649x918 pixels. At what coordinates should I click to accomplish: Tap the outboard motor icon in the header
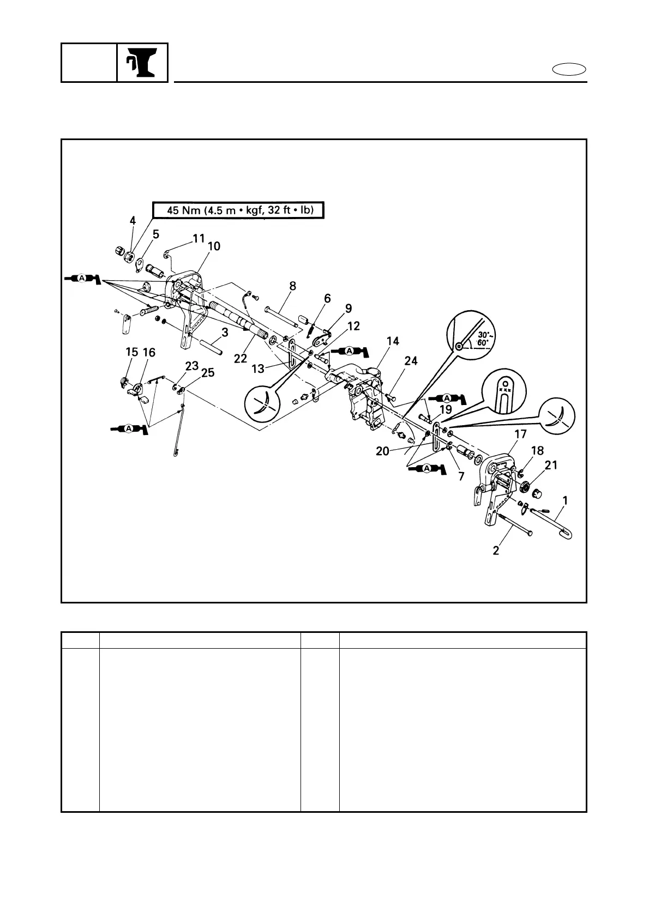point(142,63)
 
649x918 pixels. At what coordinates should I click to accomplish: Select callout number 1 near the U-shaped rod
point(566,499)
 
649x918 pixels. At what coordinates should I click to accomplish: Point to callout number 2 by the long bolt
point(496,551)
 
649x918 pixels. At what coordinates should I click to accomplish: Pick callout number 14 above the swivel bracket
point(393,341)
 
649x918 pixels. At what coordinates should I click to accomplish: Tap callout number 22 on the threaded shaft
point(241,358)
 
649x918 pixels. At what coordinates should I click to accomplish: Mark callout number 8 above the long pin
point(293,285)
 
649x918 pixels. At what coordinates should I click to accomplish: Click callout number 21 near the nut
point(551,465)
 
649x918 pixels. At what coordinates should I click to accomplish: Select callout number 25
point(208,373)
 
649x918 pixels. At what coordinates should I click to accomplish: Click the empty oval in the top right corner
point(569,70)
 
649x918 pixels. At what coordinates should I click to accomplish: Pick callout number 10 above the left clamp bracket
point(214,246)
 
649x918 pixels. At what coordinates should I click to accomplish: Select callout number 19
point(446,409)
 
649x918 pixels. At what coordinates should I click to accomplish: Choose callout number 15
point(131,353)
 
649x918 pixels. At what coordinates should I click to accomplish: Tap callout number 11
point(198,238)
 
